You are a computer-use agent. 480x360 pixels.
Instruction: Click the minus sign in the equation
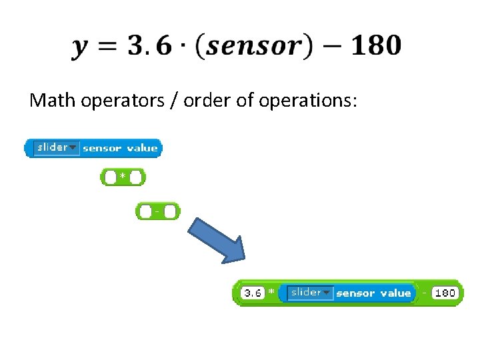coord(329,47)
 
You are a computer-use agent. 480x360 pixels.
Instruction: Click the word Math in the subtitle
coord(53,101)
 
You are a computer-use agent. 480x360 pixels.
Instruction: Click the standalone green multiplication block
coord(123,177)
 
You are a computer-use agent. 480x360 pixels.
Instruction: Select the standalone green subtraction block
coord(158,211)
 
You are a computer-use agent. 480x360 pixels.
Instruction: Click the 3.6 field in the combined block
coord(252,293)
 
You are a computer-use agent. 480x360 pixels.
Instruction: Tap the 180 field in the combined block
coord(445,293)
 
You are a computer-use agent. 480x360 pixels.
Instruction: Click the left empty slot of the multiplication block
coord(111,178)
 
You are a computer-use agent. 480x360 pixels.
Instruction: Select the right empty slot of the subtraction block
coord(170,212)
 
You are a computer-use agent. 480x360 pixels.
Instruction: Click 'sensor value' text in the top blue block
coord(120,148)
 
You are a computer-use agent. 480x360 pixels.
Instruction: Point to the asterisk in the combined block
coord(270,293)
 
